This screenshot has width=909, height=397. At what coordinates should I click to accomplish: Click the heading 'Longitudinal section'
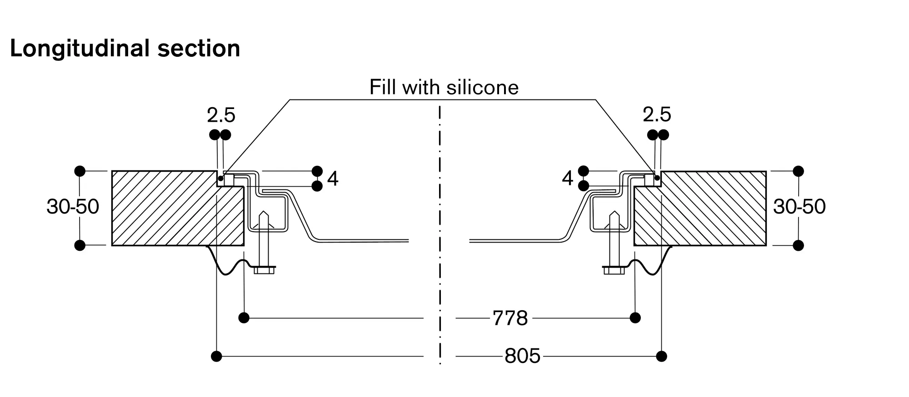pos(125,49)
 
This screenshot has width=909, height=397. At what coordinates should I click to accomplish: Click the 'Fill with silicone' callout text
pos(444,87)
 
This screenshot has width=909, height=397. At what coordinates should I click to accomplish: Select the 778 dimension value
pos(510,318)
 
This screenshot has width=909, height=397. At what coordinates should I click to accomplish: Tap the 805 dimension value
pos(522,356)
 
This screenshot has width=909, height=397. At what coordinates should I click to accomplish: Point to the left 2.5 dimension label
pos(221,115)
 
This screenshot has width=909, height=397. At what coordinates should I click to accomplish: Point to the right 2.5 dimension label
pos(657,114)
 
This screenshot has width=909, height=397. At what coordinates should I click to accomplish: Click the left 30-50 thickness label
pos(73,207)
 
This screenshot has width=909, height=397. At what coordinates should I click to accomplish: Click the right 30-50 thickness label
pos(799,207)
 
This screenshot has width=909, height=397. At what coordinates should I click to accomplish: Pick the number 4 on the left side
pos(333,179)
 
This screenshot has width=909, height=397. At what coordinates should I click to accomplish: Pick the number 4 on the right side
pos(567,179)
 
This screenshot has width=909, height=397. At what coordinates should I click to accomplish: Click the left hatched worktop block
pos(173,209)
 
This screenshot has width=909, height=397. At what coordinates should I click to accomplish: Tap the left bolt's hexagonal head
pos(264,270)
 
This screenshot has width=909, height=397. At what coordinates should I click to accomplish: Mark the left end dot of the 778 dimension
pos(244,318)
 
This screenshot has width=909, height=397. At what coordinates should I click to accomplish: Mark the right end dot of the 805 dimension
pos(662,356)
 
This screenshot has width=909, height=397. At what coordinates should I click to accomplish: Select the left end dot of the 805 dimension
pos(217,356)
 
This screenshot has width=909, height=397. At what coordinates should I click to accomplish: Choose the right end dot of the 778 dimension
pos(635,318)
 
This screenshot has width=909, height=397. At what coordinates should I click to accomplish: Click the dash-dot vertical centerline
pos(440,227)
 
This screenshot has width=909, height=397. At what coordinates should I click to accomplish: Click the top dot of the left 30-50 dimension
pos(80,171)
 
